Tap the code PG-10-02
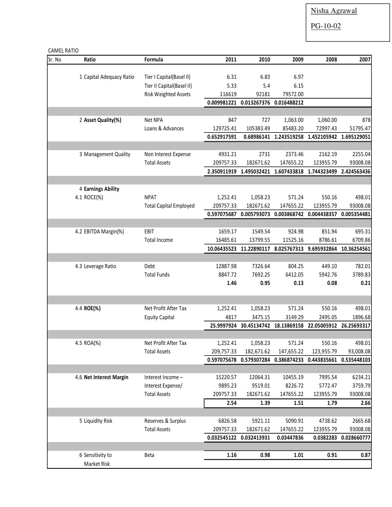click(x=326, y=26)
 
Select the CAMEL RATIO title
click(x=63, y=51)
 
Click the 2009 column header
click(x=297, y=60)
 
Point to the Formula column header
click(x=154, y=60)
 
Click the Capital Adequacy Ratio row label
click(x=107, y=77)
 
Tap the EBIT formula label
click(x=149, y=231)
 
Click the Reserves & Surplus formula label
click(x=165, y=421)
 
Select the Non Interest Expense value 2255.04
click(x=360, y=154)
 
